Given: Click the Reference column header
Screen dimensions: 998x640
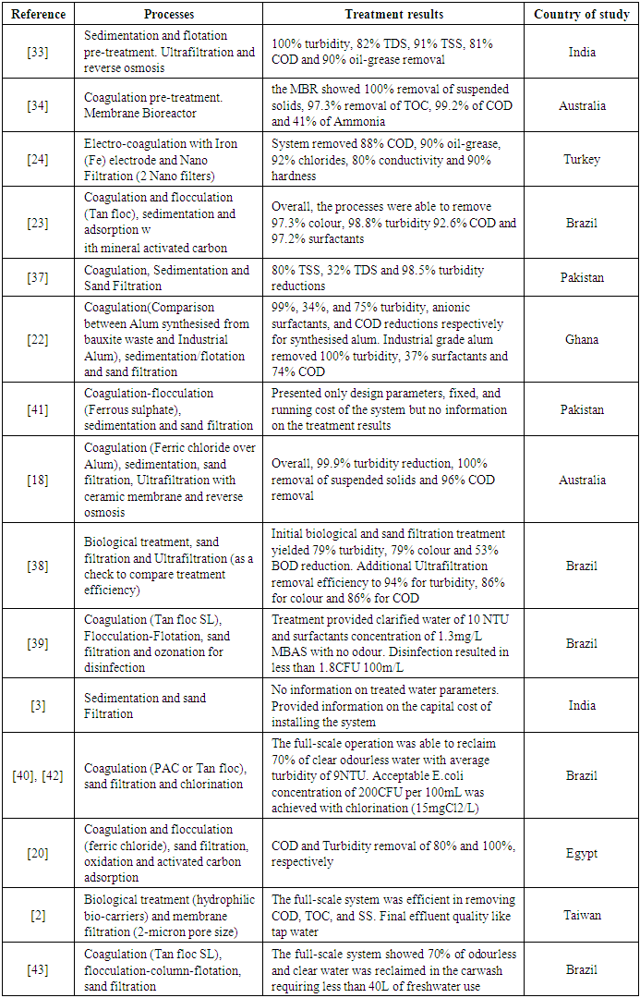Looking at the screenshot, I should tap(39, 15).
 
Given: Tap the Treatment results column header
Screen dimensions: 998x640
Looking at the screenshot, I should tap(394, 15).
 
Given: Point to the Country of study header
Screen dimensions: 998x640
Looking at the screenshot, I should tap(582, 15).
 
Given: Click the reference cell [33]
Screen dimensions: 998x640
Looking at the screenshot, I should tap(39, 53).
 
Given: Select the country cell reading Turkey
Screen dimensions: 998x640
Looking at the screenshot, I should tap(582, 159).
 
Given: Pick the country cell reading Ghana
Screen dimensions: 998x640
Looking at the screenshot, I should tap(582, 339).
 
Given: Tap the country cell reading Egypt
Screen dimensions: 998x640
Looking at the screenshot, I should tap(582, 854).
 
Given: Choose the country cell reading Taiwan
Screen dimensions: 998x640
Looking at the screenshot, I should tap(582, 915).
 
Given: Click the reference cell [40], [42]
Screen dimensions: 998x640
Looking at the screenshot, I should tap(39, 775).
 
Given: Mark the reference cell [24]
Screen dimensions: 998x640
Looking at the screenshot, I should tap(39, 159).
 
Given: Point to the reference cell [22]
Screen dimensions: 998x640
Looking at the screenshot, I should tap(39, 339).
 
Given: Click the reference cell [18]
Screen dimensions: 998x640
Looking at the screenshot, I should tap(39, 480).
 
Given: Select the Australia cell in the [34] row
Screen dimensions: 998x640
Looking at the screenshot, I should tap(582, 106).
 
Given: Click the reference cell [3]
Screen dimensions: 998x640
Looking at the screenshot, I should tap(39, 706).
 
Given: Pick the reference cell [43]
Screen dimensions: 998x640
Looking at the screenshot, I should tap(39, 969).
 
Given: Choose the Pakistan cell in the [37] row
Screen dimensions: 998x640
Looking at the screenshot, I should tap(582, 278).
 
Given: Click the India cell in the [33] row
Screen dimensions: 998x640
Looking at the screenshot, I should tap(582, 53).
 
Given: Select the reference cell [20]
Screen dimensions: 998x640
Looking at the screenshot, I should tap(39, 854).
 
